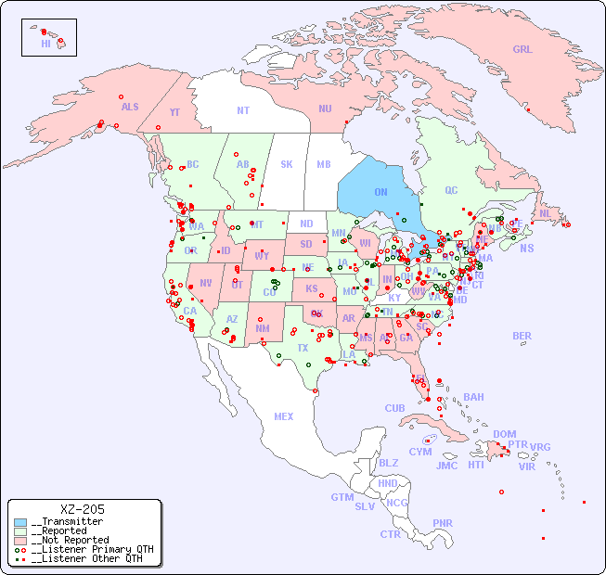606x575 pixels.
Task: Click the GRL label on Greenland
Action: pyautogui.click(x=522, y=50)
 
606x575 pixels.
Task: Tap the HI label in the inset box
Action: pyautogui.click(x=45, y=44)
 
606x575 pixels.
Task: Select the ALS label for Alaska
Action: pyautogui.click(x=130, y=107)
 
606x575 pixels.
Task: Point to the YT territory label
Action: pyautogui.click(x=174, y=112)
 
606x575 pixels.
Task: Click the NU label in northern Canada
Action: pyautogui.click(x=325, y=109)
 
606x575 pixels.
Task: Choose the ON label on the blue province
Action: pyautogui.click(x=380, y=192)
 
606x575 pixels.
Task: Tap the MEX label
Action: pyautogui.click(x=284, y=416)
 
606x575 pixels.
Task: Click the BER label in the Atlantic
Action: pyautogui.click(x=522, y=336)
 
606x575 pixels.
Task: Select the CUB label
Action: pyautogui.click(x=394, y=408)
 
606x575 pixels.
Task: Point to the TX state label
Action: pyautogui.click(x=303, y=348)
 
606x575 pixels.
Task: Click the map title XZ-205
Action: pyautogui.click(x=83, y=509)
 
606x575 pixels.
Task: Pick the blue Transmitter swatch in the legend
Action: pyautogui.click(x=20, y=522)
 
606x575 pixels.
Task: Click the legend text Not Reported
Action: pyautogui.click(x=70, y=540)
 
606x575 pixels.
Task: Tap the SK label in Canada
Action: pyautogui.click(x=287, y=164)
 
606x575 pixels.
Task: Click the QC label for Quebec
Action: pyautogui.click(x=451, y=190)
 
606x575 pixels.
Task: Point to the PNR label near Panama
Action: pyautogui.click(x=443, y=523)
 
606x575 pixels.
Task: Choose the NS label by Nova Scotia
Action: pyautogui.click(x=526, y=248)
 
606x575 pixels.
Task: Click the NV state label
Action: pyautogui.click(x=205, y=283)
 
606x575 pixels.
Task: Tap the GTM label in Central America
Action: pyautogui.click(x=342, y=497)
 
